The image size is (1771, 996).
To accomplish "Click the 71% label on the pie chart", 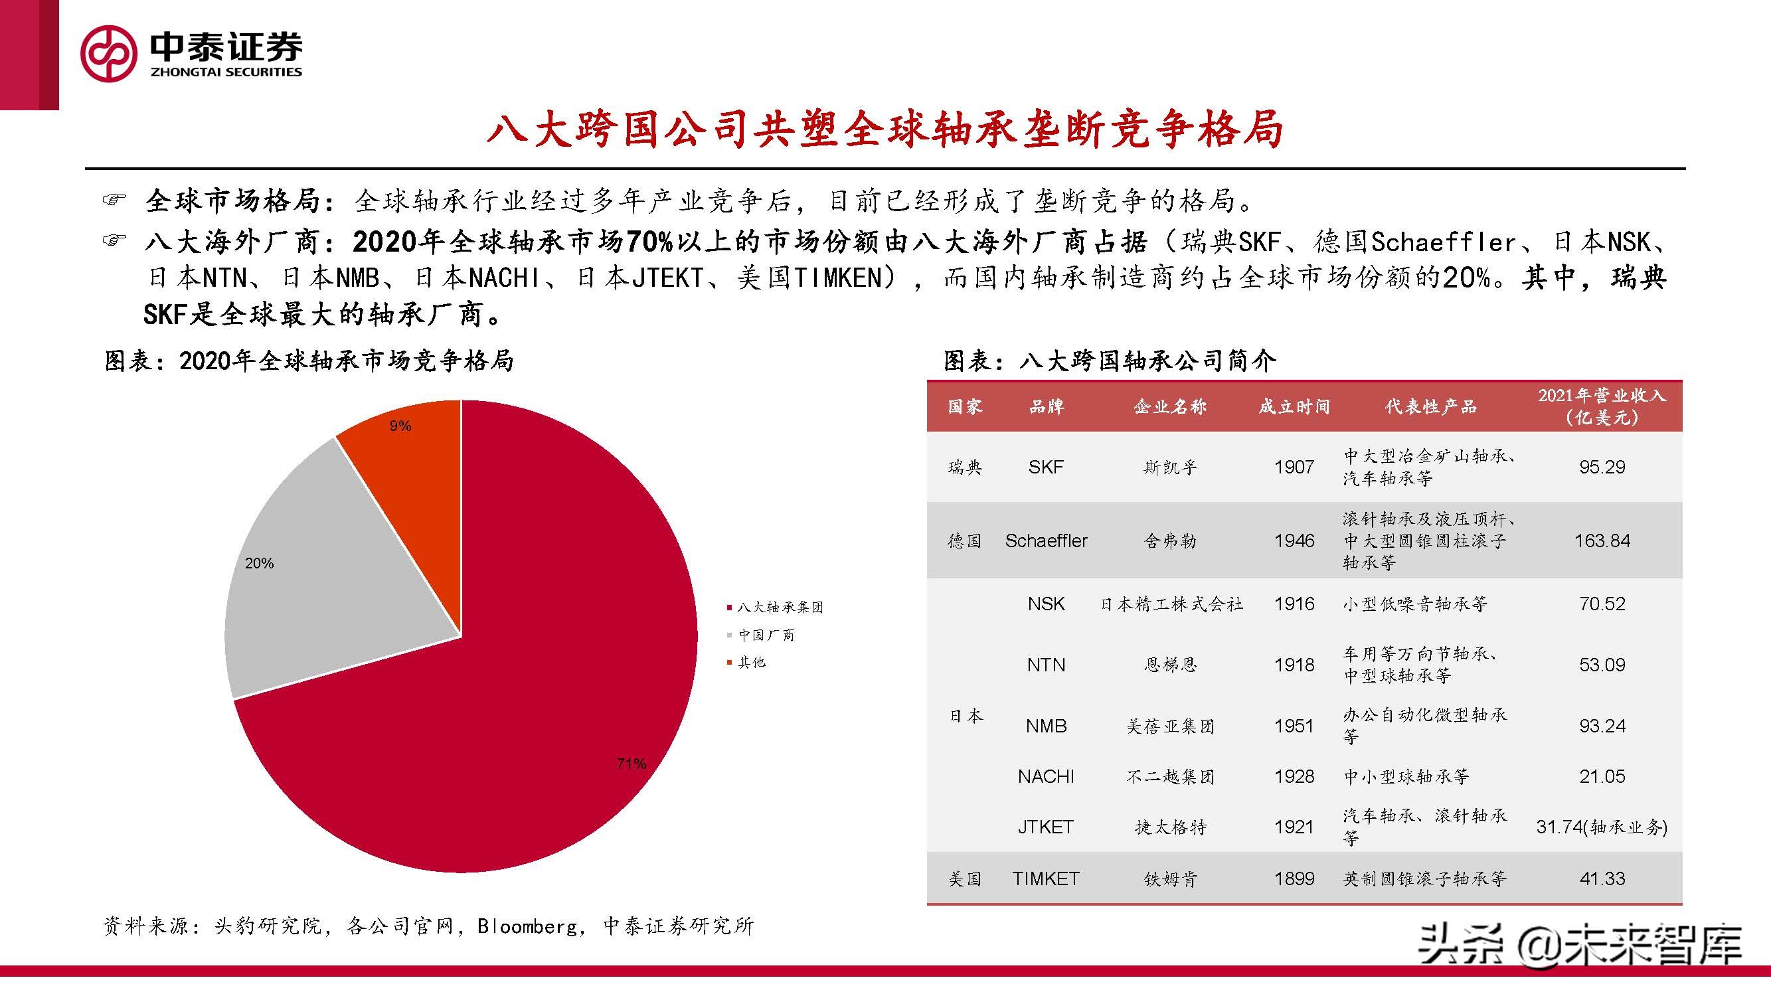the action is pyautogui.click(x=631, y=763).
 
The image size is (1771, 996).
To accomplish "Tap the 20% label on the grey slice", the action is pyautogui.click(x=259, y=563).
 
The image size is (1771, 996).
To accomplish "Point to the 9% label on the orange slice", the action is pyautogui.click(x=400, y=426).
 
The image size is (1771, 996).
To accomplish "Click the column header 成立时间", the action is pyautogui.click(x=1294, y=406).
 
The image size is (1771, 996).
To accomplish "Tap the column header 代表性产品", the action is pyautogui.click(x=1431, y=406).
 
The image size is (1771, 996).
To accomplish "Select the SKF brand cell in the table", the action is pyautogui.click(x=1046, y=467).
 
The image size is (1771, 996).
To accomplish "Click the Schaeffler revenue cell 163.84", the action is pyautogui.click(x=1602, y=540).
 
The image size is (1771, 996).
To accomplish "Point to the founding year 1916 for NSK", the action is pyautogui.click(x=1294, y=604).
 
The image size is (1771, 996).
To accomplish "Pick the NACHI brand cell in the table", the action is pyautogui.click(x=1046, y=776).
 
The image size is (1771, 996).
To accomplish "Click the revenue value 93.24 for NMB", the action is pyautogui.click(x=1602, y=726).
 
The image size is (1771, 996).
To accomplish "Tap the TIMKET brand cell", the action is pyautogui.click(x=1046, y=878).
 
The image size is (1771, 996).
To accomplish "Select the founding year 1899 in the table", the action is pyautogui.click(x=1294, y=878).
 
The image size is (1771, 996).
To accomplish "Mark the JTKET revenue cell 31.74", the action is pyautogui.click(x=1602, y=827).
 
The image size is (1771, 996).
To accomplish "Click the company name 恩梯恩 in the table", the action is pyautogui.click(x=1170, y=665).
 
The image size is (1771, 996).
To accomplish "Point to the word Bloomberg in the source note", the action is pyautogui.click(x=527, y=926).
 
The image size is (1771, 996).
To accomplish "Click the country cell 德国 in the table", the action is pyautogui.click(x=965, y=540).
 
